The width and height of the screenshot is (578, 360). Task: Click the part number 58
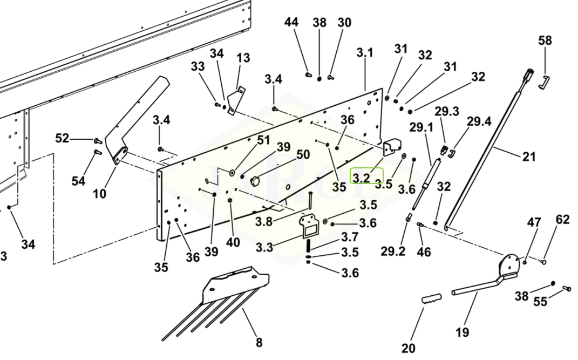pyautogui.click(x=545, y=40)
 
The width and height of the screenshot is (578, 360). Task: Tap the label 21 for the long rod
pyautogui.click(x=529, y=157)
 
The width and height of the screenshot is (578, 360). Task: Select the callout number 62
pyautogui.click(x=562, y=220)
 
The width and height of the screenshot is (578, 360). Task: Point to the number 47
pyautogui.click(x=534, y=222)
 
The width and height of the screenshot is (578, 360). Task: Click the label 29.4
pyautogui.click(x=479, y=121)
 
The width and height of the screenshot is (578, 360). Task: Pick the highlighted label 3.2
pyautogui.click(x=362, y=176)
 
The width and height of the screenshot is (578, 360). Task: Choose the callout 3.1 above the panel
pyautogui.click(x=365, y=53)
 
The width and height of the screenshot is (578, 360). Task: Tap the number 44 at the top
pyautogui.click(x=291, y=22)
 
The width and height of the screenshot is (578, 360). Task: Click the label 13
pyautogui.click(x=243, y=58)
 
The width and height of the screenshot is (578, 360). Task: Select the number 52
pyautogui.click(x=62, y=138)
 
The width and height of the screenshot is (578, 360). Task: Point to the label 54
pyautogui.click(x=78, y=181)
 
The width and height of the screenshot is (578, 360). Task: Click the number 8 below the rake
pyautogui.click(x=259, y=342)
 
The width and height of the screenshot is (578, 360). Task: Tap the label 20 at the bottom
pyautogui.click(x=409, y=348)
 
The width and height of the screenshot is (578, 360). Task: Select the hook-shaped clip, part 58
pyautogui.click(x=545, y=82)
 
